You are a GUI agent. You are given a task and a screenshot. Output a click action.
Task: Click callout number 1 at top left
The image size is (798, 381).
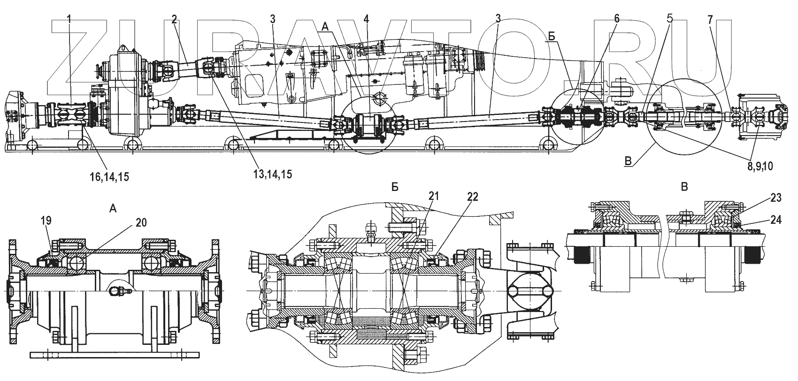[x=69, y=19]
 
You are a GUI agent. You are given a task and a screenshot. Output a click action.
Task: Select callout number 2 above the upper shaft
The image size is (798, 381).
[x=174, y=19]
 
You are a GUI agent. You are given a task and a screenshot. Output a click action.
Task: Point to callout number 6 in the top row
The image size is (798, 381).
[x=616, y=19]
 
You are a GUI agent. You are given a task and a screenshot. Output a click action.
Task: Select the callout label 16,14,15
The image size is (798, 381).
[x=109, y=177]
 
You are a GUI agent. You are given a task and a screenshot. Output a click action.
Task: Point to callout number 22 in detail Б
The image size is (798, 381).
[x=472, y=198]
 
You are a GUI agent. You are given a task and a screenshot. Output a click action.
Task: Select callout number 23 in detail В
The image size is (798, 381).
[x=776, y=198]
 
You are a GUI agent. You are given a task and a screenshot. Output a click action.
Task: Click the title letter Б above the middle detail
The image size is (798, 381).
[x=395, y=187]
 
